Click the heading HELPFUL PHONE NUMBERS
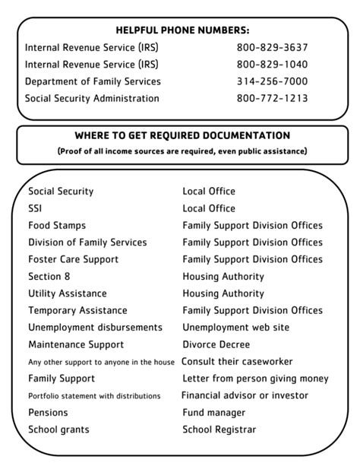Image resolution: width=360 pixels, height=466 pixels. click(182, 30)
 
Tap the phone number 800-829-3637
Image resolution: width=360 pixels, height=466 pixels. click(272, 47)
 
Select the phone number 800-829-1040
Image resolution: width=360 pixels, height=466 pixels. click(272, 64)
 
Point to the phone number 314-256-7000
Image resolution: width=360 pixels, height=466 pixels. click(272, 81)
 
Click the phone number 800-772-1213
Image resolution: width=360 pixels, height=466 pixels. click(272, 98)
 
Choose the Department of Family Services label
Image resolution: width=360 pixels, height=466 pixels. click(93, 81)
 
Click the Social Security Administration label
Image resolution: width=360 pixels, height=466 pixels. click(92, 98)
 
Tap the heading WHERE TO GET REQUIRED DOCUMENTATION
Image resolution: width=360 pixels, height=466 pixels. click(182, 136)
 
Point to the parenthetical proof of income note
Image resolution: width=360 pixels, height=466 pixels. click(182, 151)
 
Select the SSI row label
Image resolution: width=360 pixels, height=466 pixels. click(36, 208)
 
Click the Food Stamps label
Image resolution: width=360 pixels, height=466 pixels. click(57, 226)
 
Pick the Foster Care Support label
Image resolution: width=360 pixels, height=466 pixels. click(73, 259)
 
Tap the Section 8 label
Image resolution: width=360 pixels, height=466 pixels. click(49, 277)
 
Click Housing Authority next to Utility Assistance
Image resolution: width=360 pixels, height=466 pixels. click(223, 293)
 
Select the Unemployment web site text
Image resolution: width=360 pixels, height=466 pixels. click(235, 328)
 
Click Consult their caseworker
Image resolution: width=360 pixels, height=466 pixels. click(237, 362)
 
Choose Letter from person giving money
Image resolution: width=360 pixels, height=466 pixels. click(255, 379)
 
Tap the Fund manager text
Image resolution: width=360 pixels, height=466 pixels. click(213, 413)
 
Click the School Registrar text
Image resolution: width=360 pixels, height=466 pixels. click(219, 430)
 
